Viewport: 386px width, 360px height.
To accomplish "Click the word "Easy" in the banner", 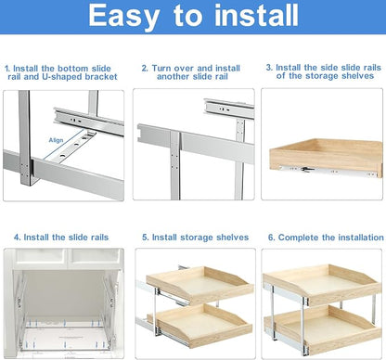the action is [124, 17].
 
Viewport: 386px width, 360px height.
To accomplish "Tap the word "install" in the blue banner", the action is [256, 15].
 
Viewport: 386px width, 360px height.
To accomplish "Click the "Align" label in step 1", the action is [56, 140].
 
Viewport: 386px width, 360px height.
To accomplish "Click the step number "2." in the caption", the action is [145, 68].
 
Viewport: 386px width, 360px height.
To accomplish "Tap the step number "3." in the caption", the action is [269, 67].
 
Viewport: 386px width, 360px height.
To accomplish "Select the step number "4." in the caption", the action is [18, 238].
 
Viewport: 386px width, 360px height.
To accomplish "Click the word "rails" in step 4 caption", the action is [99, 238].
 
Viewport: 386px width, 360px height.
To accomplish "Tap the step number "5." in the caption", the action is [146, 238].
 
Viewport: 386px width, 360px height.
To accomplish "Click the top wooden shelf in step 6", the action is [322, 283].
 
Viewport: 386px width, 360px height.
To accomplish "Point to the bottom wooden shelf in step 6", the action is [323, 328].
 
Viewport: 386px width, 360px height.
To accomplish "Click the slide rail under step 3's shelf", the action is [328, 171].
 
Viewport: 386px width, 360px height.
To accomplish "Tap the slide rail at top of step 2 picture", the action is [229, 108].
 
